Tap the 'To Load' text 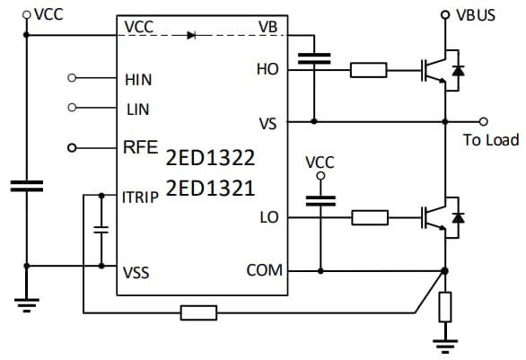(x=489, y=140)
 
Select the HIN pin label (x=138, y=79)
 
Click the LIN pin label (x=136, y=108)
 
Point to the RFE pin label (x=137, y=147)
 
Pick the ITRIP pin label (x=141, y=196)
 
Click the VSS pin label (x=137, y=272)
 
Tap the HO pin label (x=267, y=68)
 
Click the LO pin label (x=268, y=216)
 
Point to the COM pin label (x=264, y=270)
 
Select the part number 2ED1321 (x=210, y=189)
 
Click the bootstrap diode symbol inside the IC (x=190, y=35)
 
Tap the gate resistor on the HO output (x=369, y=69)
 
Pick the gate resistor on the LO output (x=369, y=216)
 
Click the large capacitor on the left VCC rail (x=26, y=186)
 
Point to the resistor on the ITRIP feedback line (x=197, y=312)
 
